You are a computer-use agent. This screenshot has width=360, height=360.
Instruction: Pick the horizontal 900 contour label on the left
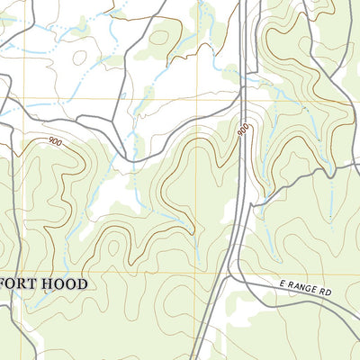pos(56,141)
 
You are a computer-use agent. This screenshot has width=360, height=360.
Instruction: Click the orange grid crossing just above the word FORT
pos(24,273)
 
